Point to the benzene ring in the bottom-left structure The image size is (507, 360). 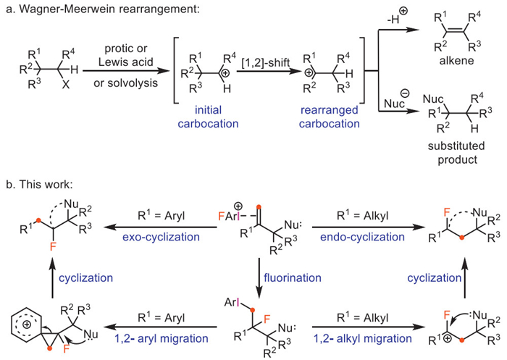[x=21, y=317]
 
